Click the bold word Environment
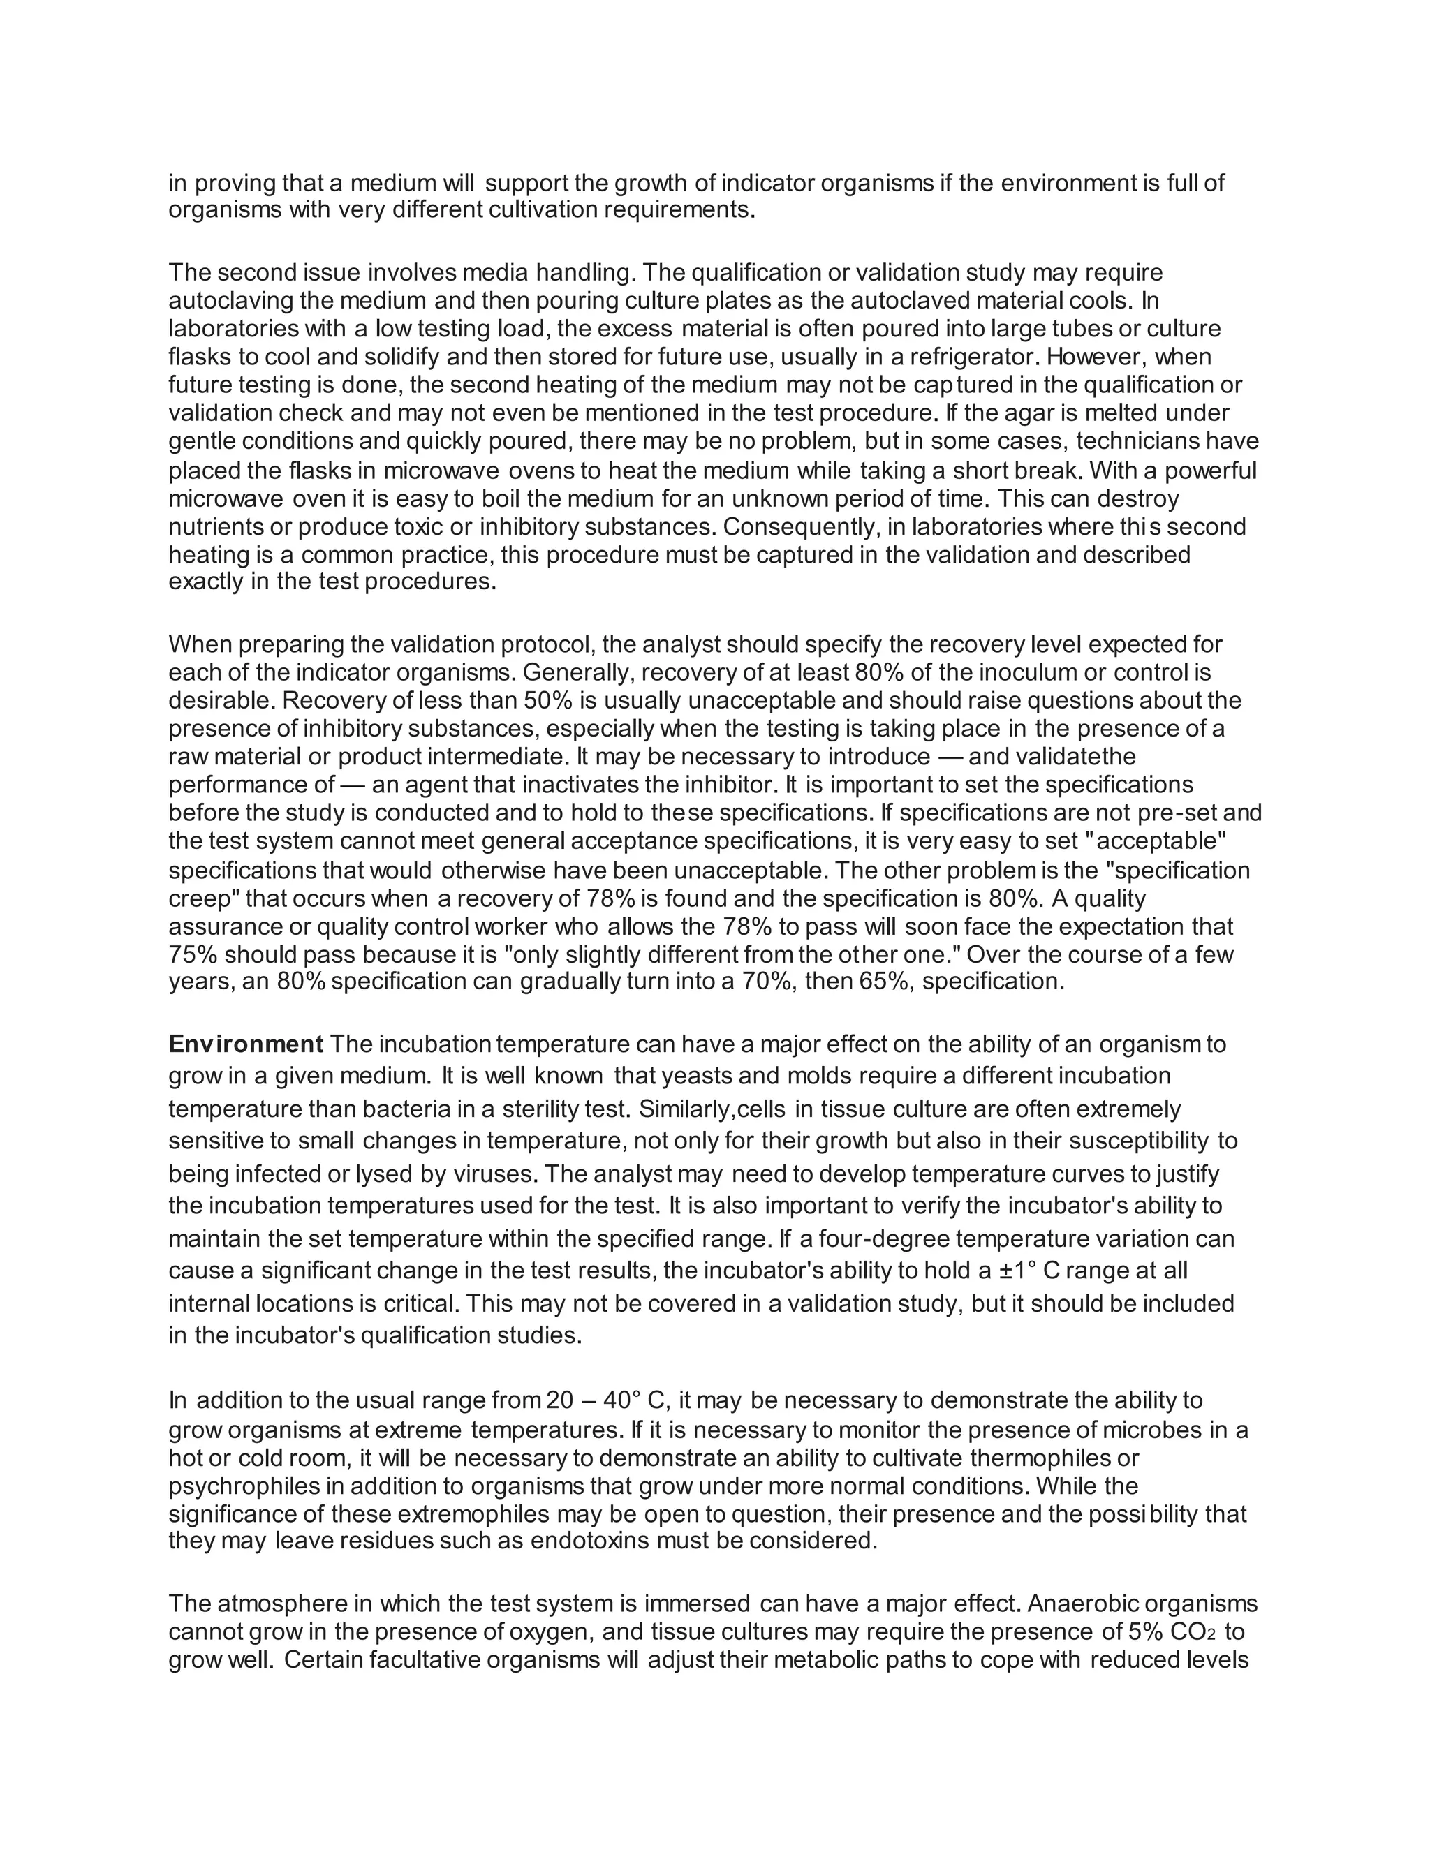click(246, 1044)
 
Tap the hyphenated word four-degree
click(874, 1239)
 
